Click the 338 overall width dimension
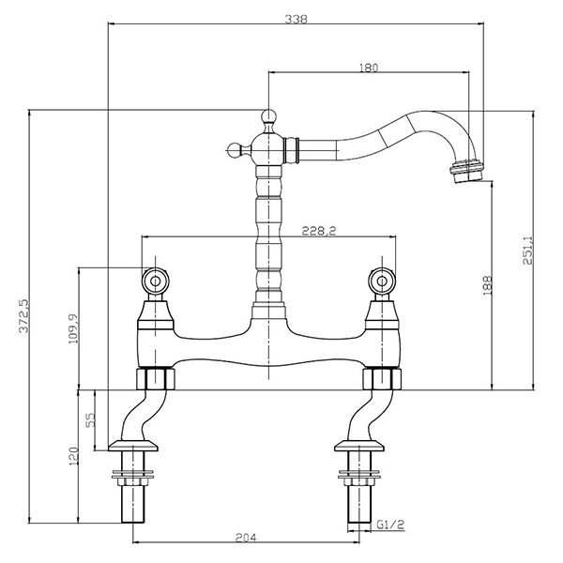[297, 19]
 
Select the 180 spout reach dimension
[369, 68]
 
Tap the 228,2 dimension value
[319, 231]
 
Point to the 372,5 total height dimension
[24, 316]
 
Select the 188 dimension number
[487, 285]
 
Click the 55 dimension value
[91, 419]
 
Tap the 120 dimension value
[73, 457]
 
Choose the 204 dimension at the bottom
[246, 538]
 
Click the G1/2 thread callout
[390, 525]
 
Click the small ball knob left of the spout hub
[234, 148]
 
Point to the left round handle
[155, 281]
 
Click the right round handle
[383, 281]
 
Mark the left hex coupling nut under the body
[156, 378]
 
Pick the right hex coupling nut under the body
[382, 378]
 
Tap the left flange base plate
[133, 446]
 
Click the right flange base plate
[359, 446]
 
